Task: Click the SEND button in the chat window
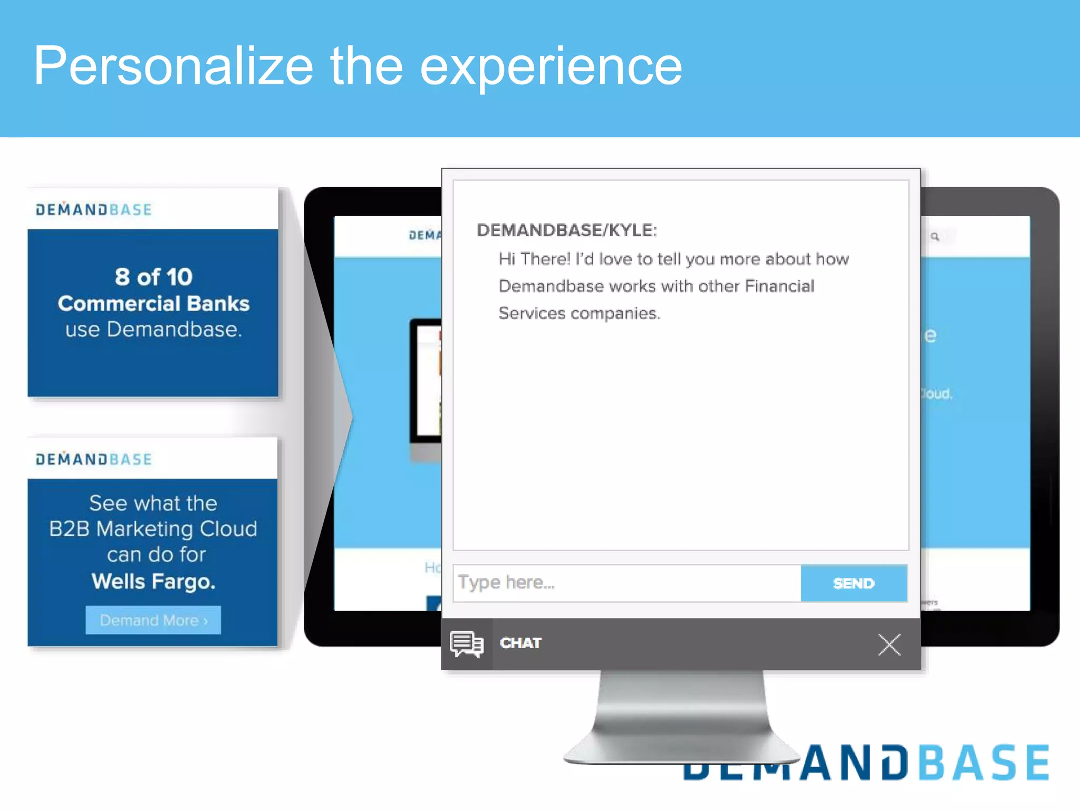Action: coord(854,583)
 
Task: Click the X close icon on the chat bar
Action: coord(889,644)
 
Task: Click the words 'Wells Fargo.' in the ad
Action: coord(153,581)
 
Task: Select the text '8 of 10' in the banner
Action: coord(153,277)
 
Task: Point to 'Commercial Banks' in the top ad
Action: coord(153,304)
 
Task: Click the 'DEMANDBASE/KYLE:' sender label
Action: coord(567,230)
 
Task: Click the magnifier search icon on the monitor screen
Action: coord(935,237)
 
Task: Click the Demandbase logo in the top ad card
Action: coord(94,209)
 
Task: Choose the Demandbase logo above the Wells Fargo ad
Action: coord(94,459)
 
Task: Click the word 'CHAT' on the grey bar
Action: coord(520,643)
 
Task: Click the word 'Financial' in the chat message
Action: coord(779,286)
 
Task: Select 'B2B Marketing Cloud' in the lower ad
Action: coord(153,529)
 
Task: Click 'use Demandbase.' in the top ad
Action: coord(153,330)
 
